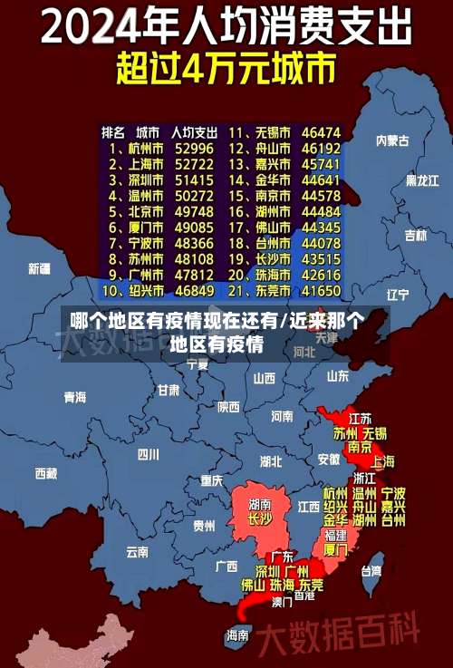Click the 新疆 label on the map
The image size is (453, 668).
[39, 268]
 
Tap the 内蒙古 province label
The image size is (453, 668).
[392, 140]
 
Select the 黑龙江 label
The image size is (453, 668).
[422, 180]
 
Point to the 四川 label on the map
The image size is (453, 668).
[148, 454]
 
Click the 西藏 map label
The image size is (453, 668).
[45, 473]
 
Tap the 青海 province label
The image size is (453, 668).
[74, 397]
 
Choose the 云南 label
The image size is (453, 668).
[137, 551]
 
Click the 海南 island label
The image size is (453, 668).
[237, 635]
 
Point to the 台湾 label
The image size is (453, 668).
[371, 571]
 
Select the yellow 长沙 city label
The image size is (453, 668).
[260, 519]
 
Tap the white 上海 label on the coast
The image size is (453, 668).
[381, 460]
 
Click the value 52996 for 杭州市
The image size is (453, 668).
[194, 148]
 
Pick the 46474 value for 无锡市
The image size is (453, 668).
[321, 131]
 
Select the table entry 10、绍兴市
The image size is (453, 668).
[133, 291]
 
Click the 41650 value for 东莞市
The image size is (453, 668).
[321, 291]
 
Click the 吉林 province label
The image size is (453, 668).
[415, 236]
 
